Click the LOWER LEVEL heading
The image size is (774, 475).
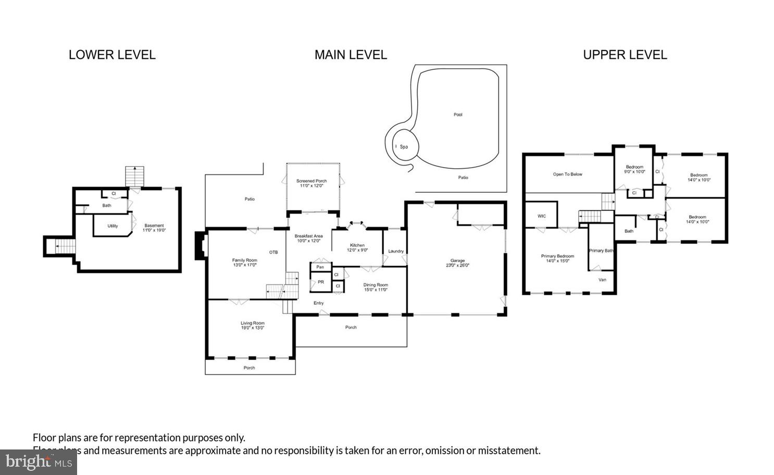[112, 55]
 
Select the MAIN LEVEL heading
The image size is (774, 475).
[351, 55]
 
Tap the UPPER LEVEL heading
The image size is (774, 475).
[625, 55]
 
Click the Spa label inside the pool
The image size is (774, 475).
[404, 147]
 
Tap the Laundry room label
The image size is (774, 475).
[396, 251]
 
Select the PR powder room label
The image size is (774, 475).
[321, 282]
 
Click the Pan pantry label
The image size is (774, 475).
[320, 267]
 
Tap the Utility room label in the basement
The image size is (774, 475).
[113, 226]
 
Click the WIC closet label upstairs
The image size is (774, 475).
[542, 216]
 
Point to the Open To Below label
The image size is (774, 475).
[567, 174]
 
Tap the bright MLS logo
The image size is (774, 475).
[39, 462]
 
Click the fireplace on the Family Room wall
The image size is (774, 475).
[199, 245]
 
